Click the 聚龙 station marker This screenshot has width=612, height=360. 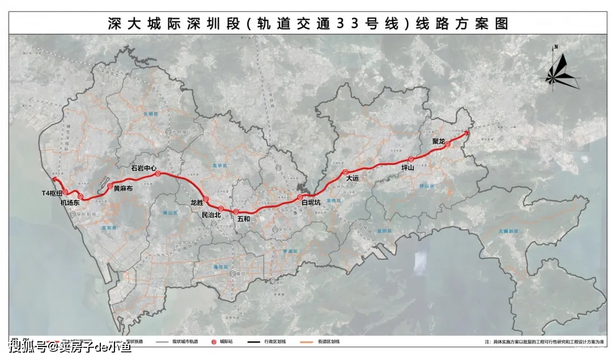[448, 145]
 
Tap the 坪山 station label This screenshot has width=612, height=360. [408, 168]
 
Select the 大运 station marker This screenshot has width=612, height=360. [345, 172]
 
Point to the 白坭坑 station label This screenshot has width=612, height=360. [311, 202]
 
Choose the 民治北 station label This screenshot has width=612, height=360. [211, 215]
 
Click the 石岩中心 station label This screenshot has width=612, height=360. [143, 168]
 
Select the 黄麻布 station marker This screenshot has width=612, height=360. [110, 186]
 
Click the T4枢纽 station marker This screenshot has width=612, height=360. [66, 192]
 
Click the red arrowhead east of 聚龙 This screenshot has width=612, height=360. [467, 133]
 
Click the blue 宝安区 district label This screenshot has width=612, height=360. [108, 227]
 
